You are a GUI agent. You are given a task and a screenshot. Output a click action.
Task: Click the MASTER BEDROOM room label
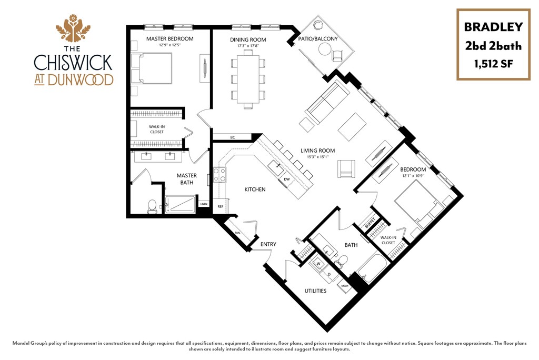(169, 39)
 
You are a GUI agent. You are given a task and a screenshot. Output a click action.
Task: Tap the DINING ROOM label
(248, 39)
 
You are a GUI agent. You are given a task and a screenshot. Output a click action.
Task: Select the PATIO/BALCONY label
(317, 39)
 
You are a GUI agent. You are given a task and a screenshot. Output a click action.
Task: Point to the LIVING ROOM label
(317, 151)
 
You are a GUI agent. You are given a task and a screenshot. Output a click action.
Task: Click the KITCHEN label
(255, 189)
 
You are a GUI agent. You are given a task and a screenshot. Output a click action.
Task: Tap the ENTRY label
(268, 244)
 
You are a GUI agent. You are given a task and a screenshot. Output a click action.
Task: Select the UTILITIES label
(316, 291)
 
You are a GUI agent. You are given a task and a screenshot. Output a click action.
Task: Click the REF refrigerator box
(221, 207)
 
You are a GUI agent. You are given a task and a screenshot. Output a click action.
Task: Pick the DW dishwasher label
(287, 179)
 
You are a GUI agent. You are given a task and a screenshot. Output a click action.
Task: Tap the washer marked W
(318, 263)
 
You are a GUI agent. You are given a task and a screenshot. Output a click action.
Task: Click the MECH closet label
(346, 286)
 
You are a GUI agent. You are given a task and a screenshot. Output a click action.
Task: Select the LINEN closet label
(204, 204)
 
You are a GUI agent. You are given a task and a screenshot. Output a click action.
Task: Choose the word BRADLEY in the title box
(493, 27)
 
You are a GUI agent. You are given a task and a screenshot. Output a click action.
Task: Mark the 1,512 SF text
(493, 64)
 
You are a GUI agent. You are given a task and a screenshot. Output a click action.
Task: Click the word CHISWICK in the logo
(73, 62)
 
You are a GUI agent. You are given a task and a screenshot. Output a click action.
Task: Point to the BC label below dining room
(232, 137)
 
